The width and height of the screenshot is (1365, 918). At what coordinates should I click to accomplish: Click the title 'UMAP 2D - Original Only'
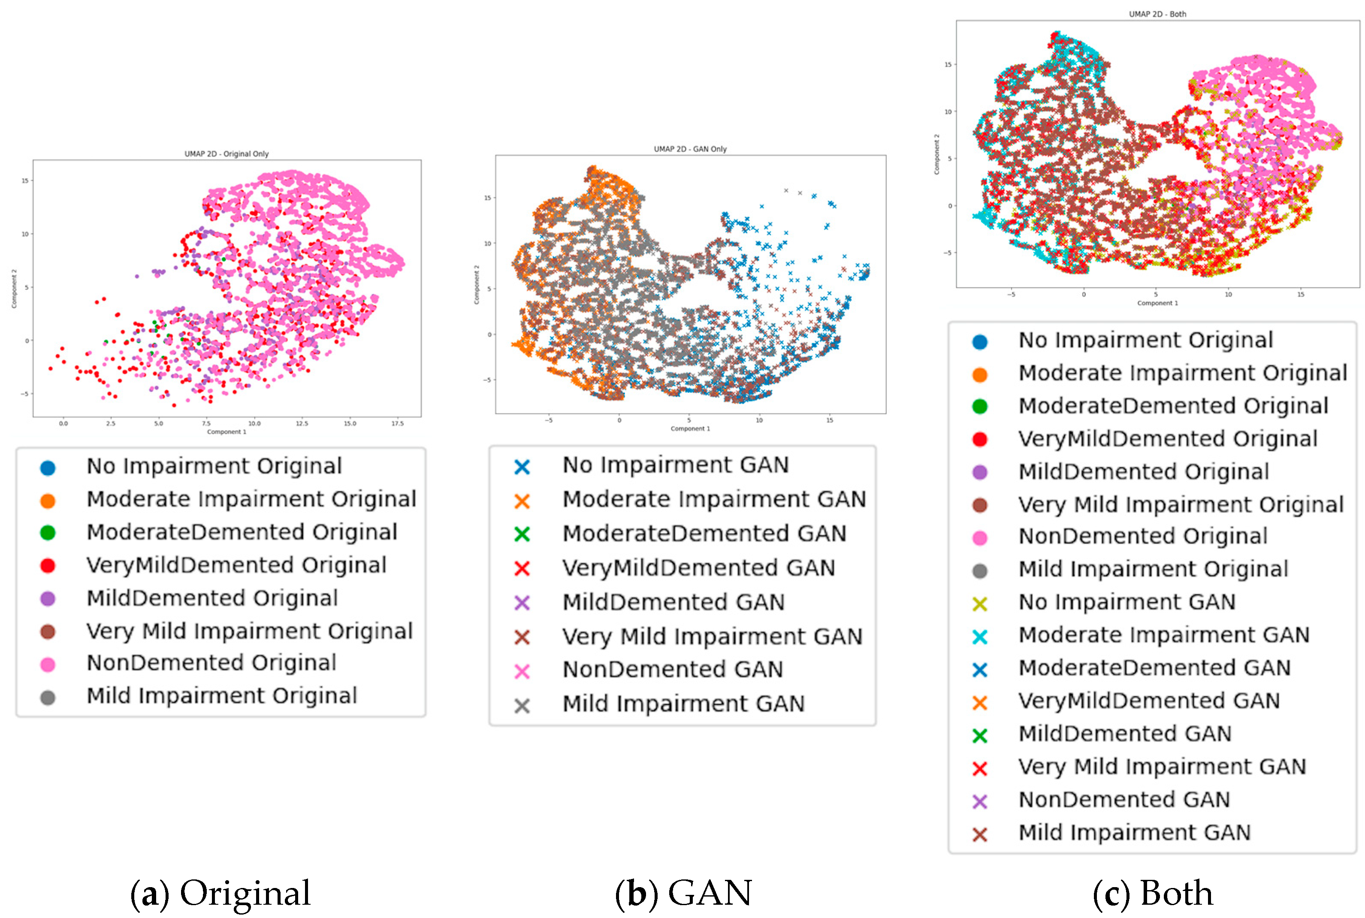226,154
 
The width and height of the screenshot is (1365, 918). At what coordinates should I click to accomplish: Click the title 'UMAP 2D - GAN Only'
690,149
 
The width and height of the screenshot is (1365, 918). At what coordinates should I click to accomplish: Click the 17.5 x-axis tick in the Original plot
397,423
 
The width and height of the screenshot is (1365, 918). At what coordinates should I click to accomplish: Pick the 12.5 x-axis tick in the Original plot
302,423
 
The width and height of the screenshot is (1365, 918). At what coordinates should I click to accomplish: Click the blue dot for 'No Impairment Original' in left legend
48,467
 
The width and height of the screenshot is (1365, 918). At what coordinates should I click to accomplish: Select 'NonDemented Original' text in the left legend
211,663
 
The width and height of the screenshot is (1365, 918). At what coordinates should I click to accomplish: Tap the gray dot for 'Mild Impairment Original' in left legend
48,697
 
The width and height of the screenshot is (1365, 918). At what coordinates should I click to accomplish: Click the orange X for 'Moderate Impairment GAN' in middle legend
522,501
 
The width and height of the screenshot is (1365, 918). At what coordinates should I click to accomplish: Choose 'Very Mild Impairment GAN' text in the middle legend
712,636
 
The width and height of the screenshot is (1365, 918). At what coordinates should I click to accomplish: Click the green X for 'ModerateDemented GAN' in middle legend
522,535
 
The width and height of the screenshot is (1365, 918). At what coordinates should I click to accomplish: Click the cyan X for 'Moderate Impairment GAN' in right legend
980,636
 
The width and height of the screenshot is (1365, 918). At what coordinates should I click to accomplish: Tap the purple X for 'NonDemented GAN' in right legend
980,801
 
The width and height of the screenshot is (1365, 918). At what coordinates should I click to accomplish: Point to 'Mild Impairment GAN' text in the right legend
1134,833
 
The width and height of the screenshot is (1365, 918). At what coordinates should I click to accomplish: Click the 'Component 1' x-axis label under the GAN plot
690,428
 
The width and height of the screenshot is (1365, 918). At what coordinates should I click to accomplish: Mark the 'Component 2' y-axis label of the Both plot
936,154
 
